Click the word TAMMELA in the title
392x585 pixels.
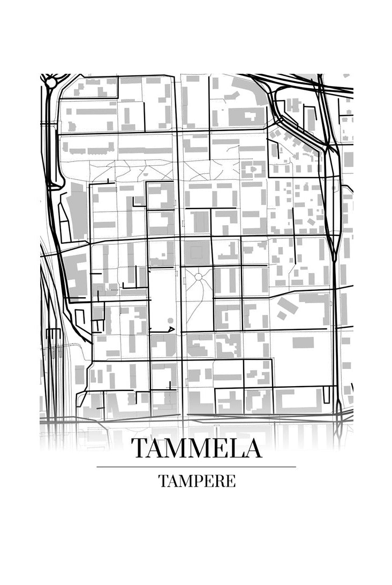(197, 448)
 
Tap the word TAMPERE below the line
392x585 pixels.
(197, 481)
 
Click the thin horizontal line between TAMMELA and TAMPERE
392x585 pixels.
(197, 467)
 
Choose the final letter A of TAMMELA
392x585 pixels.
(251, 448)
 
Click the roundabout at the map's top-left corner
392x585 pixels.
(51, 83)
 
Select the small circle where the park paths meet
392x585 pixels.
(199, 276)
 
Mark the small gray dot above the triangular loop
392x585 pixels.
(170, 320)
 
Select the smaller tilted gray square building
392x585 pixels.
(281, 315)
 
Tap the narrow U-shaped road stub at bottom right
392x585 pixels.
(327, 396)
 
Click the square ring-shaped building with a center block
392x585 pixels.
(252, 169)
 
